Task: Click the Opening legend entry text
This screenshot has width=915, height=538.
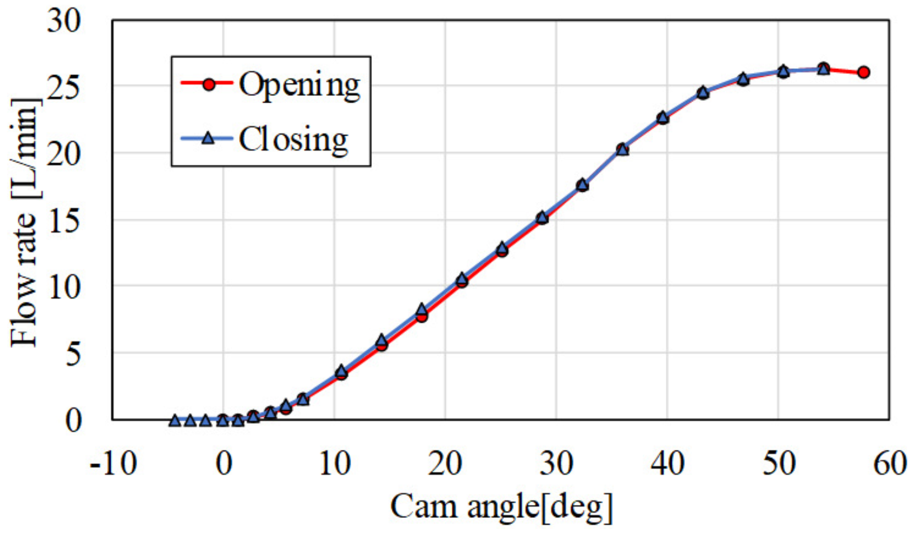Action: [x=300, y=85]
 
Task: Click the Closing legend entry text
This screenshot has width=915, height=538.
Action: [x=293, y=140]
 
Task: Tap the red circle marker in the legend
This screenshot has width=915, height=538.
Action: [x=209, y=84]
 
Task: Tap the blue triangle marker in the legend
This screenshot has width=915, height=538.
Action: [x=208, y=138]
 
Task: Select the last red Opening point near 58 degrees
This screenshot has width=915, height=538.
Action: [x=863, y=72]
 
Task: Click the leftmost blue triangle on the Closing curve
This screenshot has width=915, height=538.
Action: [x=175, y=420]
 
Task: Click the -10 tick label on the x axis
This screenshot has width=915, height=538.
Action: [x=114, y=465]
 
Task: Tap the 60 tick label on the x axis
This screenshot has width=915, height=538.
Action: [x=889, y=465]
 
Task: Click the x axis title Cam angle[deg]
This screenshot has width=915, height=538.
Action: [x=501, y=507]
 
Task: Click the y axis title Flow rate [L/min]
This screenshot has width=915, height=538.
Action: [x=25, y=223]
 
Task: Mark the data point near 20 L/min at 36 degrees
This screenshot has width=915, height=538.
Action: [x=622, y=149]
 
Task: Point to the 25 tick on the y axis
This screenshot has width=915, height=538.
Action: [x=64, y=87]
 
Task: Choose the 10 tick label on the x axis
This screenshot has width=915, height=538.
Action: [x=334, y=465]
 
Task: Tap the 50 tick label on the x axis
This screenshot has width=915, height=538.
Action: [x=778, y=465]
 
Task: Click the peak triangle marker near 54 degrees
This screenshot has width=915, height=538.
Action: [x=823, y=68]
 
